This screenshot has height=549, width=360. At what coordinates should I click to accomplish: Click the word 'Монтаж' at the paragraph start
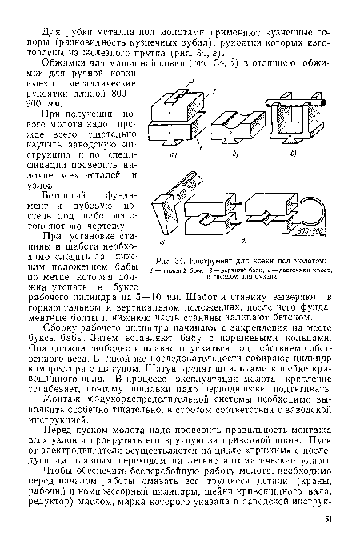pyautogui.click(x=57, y=408)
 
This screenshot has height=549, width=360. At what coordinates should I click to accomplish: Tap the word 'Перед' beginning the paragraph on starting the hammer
pyautogui.click(x=55, y=447)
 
